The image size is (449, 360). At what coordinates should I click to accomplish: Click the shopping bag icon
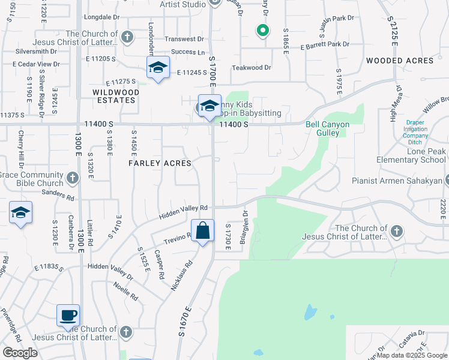[x=203, y=230]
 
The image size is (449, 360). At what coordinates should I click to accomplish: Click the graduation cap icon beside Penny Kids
[x=209, y=106]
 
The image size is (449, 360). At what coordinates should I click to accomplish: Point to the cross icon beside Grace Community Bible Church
[x=72, y=178]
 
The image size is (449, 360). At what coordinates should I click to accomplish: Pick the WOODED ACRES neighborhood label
[x=399, y=61]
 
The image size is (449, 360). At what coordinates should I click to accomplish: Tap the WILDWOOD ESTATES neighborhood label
[x=116, y=96]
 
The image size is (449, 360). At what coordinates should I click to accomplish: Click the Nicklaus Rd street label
[x=181, y=276]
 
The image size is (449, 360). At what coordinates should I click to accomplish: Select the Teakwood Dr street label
[x=252, y=68]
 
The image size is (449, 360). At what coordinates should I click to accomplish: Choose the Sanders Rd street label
[x=58, y=194]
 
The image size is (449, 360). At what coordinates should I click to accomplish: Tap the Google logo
[x=20, y=353]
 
